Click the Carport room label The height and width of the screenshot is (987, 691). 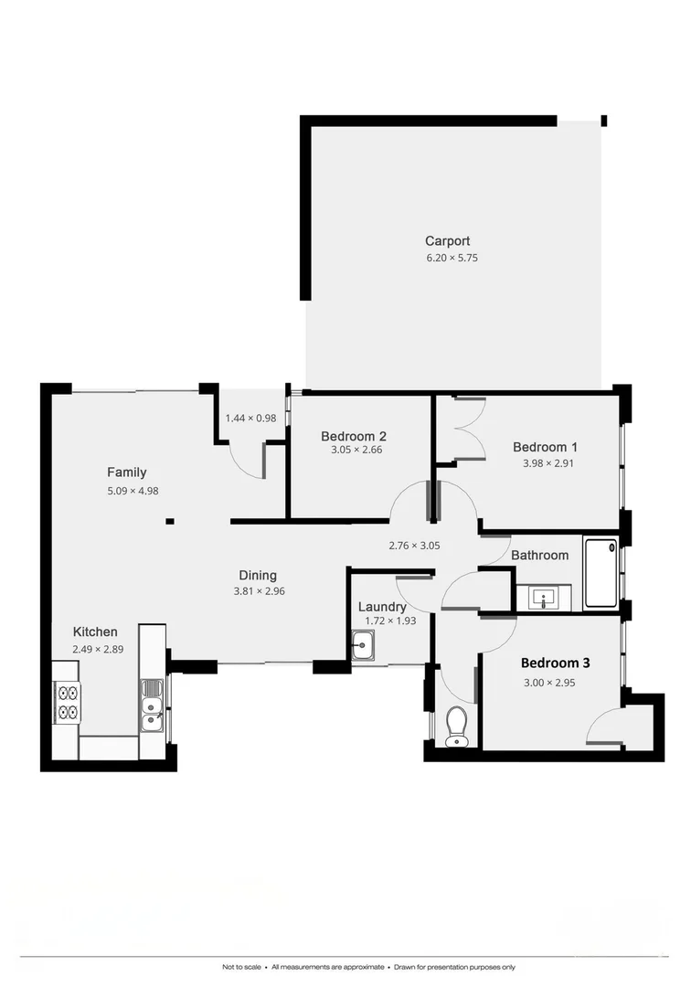pyautogui.click(x=447, y=241)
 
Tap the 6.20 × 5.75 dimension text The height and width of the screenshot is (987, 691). pyautogui.click(x=452, y=258)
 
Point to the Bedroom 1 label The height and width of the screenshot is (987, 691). pyautogui.click(x=545, y=447)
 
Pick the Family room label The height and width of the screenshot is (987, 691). pyautogui.click(x=126, y=472)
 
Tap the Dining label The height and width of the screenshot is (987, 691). pyautogui.click(x=258, y=575)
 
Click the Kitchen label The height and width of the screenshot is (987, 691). pyautogui.click(x=95, y=631)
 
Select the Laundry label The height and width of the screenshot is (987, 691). pyautogui.click(x=382, y=607)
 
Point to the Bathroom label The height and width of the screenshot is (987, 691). pyautogui.click(x=539, y=555)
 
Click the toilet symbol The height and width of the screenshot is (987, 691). pyautogui.click(x=456, y=727)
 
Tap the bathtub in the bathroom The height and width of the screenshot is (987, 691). pyautogui.click(x=601, y=573)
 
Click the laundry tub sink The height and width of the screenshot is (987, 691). pyautogui.click(x=363, y=646)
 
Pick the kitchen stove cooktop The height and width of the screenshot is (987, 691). pyautogui.click(x=68, y=703)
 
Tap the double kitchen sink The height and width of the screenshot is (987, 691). pyautogui.click(x=152, y=706)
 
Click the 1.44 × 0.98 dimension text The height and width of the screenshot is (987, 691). pyautogui.click(x=250, y=418)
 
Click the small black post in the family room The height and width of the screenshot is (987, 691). pyautogui.click(x=170, y=522)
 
